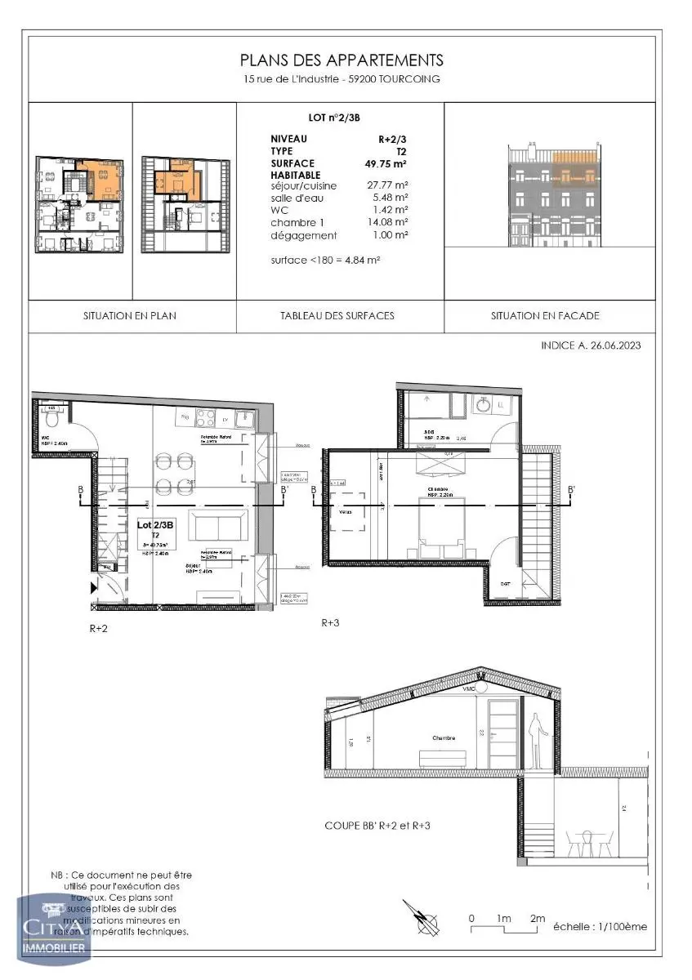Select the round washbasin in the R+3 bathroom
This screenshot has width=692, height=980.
pos(484,404)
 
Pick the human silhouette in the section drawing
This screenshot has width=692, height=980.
pos(538,740)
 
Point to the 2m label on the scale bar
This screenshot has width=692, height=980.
pos(537,919)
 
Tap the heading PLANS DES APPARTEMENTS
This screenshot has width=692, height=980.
pos(342,60)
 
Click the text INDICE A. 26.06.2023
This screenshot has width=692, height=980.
pos(591,345)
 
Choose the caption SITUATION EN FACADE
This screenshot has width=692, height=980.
pos(545,315)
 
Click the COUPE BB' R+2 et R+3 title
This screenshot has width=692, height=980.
pos(377,826)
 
